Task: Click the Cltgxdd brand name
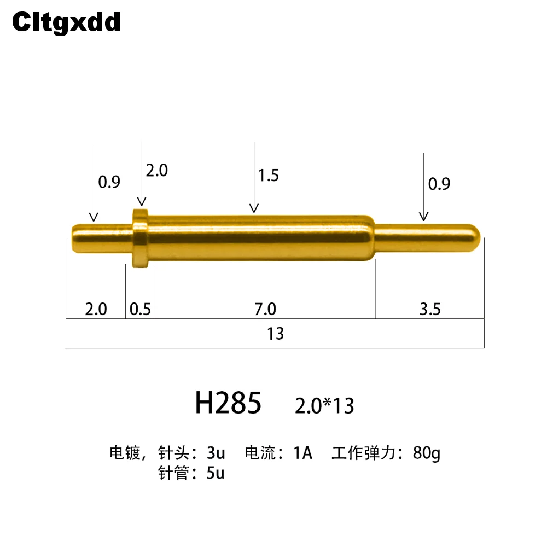(66, 22)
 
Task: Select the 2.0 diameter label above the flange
(156, 171)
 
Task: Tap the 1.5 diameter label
(268, 175)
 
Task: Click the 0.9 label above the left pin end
(109, 182)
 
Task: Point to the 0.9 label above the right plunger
(439, 184)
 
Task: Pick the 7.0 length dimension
(265, 309)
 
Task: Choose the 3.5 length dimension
(430, 309)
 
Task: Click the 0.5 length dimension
(140, 309)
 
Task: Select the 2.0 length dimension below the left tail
(96, 309)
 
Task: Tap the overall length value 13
(275, 334)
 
